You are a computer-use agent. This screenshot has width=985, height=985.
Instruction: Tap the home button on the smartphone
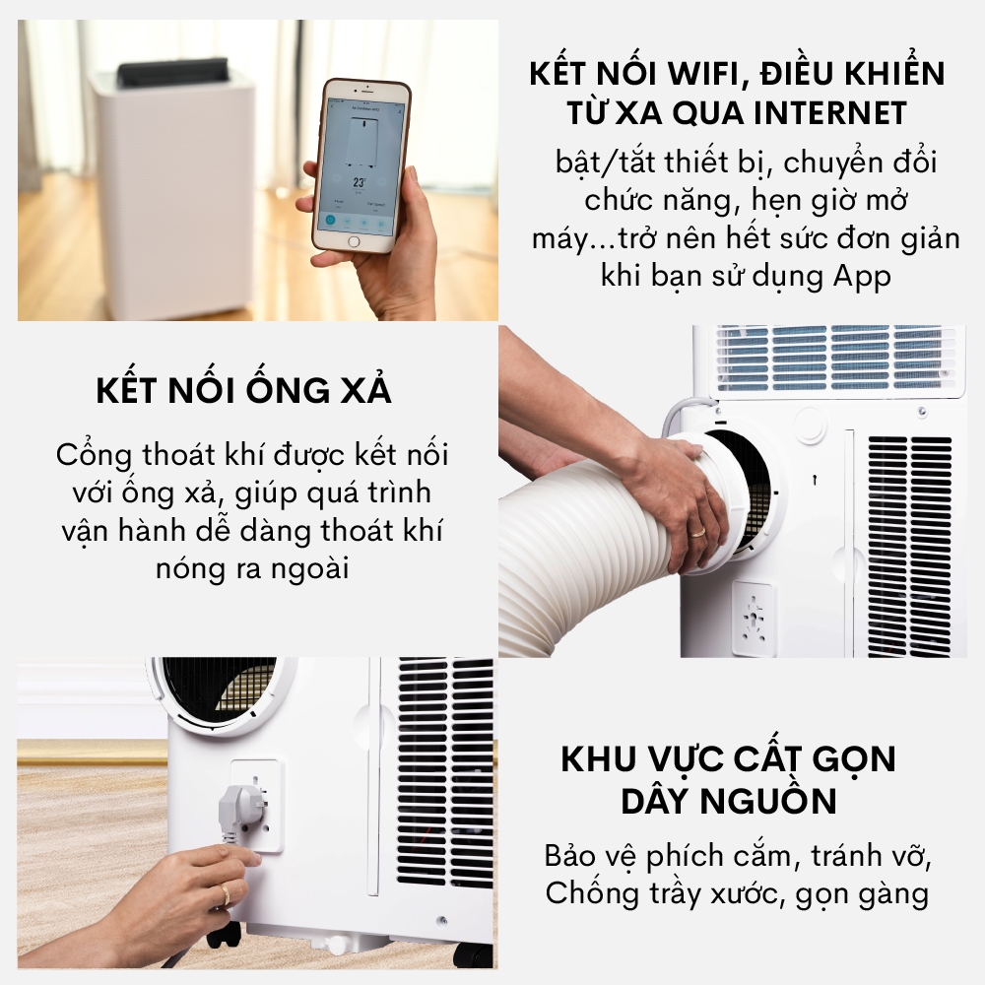pos(354,242)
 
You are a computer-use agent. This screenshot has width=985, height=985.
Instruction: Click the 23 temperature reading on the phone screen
pos(360,182)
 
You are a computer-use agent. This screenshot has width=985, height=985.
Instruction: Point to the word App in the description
pos(862,277)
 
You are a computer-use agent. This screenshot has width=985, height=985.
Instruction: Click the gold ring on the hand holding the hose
pos(698,532)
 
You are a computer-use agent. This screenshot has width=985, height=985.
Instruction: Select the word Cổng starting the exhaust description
pos(95,455)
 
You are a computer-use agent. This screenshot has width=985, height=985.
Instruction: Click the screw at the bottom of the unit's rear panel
pos(441,921)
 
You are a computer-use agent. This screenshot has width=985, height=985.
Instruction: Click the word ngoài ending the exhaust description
pos(308,569)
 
